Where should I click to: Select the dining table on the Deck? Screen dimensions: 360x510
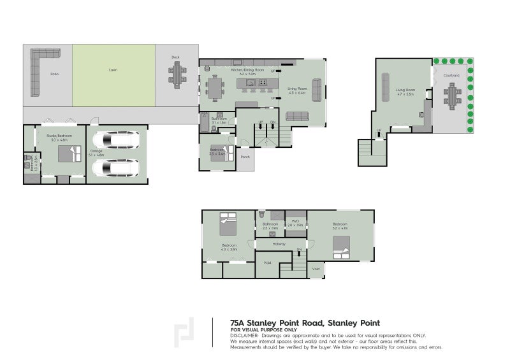(x=175, y=76)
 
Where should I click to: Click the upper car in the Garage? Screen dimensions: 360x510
(x=116, y=140)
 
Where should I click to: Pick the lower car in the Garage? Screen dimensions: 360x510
(x=116, y=168)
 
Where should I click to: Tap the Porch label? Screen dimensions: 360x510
(x=245, y=157)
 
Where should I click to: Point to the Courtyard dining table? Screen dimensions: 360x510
(x=453, y=97)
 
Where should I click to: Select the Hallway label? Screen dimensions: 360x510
(x=279, y=243)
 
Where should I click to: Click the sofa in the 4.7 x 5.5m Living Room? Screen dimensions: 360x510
(x=386, y=87)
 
